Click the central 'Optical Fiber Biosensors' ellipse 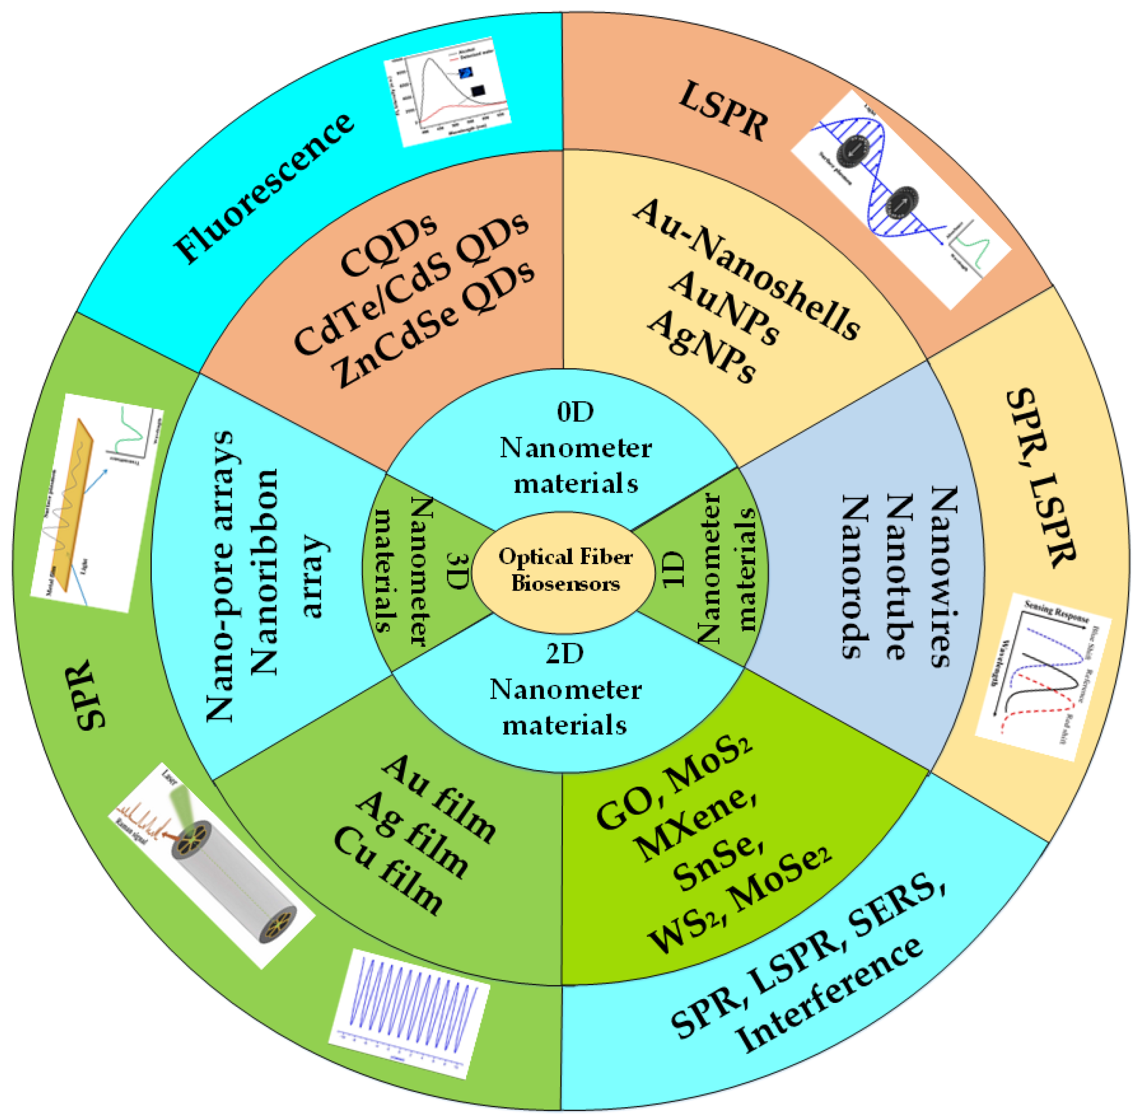click(x=563, y=569)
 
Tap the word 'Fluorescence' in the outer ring click(x=264, y=187)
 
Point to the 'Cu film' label click(x=389, y=871)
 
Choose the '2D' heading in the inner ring click(x=564, y=653)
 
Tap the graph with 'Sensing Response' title click(x=1041, y=676)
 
